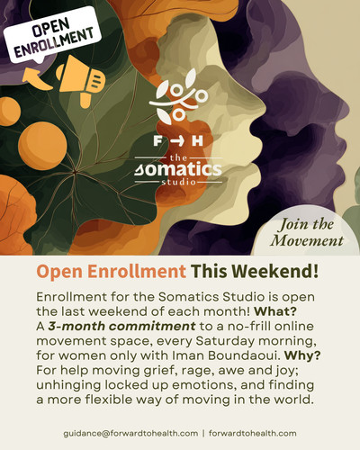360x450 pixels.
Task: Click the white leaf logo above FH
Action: pyautogui.click(x=180, y=102)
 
